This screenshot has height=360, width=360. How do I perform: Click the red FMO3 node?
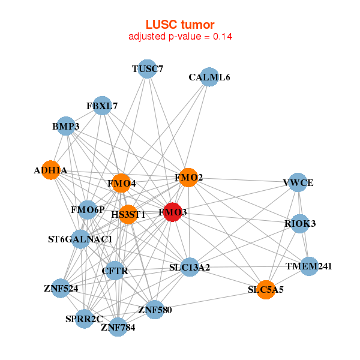coord(173,212)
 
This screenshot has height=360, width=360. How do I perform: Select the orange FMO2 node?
coord(188,178)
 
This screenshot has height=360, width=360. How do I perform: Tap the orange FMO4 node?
coord(121,183)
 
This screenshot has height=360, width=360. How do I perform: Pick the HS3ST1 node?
coord(128,214)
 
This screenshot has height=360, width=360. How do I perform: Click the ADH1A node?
coord(51,170)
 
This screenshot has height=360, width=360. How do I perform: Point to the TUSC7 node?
coord(148,69)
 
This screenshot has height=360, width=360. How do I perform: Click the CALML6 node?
coord(209,77)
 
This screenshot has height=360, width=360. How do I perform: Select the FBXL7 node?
coord(103,106)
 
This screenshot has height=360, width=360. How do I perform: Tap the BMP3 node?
coord(65,126)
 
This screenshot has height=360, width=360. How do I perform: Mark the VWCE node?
coord(298,182)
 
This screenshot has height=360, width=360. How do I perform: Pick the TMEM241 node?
coord(308,266)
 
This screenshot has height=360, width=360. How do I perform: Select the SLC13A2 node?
coord(190,267)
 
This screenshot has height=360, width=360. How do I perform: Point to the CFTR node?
coord(115,271)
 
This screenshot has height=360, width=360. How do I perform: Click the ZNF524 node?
coord(61,289)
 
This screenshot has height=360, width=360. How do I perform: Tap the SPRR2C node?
coord(85,319)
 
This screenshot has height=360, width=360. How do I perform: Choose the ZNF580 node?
coord(155,310)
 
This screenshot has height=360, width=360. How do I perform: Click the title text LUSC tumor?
coord(180,25)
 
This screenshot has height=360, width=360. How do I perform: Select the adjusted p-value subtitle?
coord(180,36)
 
